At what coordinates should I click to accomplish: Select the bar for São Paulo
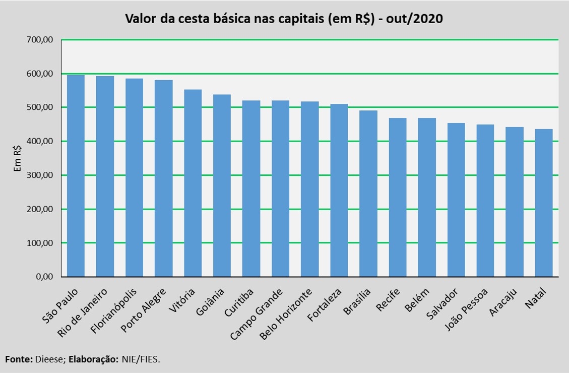[76, 176]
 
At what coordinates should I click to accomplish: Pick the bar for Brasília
[368, 194]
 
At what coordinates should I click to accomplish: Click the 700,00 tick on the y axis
[43, 40]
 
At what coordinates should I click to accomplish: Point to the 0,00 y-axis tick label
[47, 277]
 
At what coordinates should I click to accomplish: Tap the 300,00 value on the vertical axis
[43, 175]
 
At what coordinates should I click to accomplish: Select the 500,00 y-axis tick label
[43, 107]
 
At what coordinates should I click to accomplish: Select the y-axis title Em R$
[18, 158]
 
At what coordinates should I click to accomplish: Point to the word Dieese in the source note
[49, 359]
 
